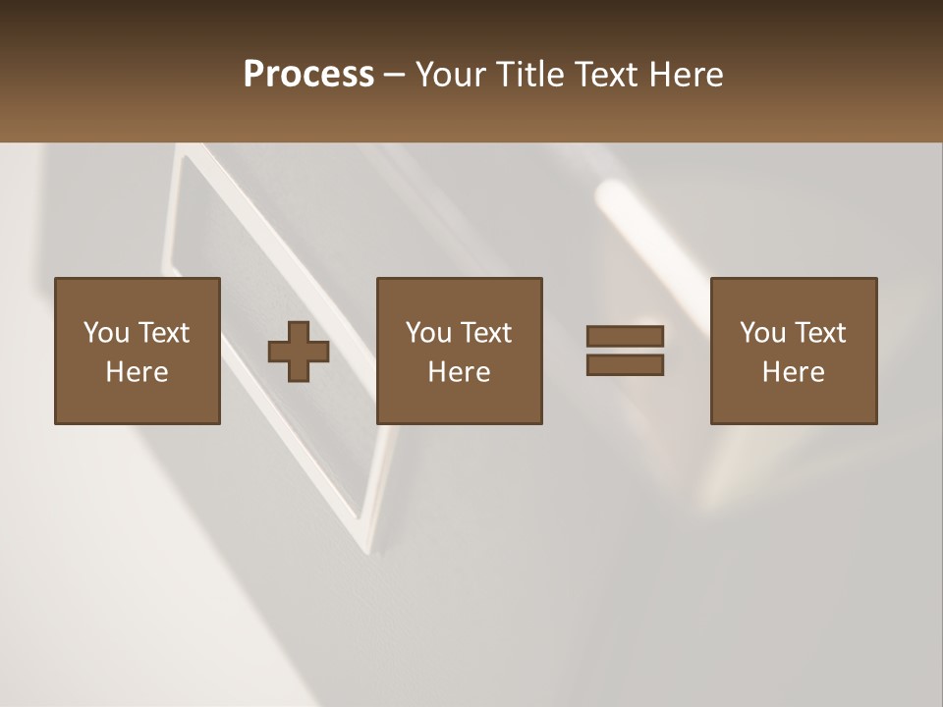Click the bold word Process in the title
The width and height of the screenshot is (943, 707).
308,75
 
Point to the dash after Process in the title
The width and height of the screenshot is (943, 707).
394,76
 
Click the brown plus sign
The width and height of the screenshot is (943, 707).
299,352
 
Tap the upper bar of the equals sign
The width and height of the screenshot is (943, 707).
625,336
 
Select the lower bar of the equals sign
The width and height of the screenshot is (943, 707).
625,365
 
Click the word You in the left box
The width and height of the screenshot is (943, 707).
106,333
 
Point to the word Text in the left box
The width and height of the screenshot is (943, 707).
162,333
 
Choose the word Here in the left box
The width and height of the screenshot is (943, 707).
137,372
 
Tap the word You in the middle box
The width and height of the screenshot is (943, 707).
428,333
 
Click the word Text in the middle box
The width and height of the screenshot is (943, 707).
484,333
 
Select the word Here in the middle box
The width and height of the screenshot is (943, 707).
459,372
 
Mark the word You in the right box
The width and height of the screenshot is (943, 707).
762,333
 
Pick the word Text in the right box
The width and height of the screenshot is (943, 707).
818,333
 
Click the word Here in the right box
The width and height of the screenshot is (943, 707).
793,372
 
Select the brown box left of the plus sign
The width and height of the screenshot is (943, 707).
138,403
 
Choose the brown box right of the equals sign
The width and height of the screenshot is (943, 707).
794,403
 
